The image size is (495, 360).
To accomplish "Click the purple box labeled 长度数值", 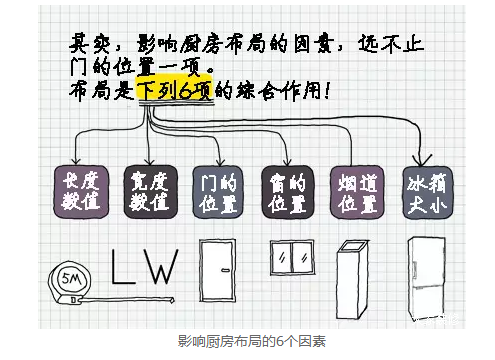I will pos(79,191).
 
